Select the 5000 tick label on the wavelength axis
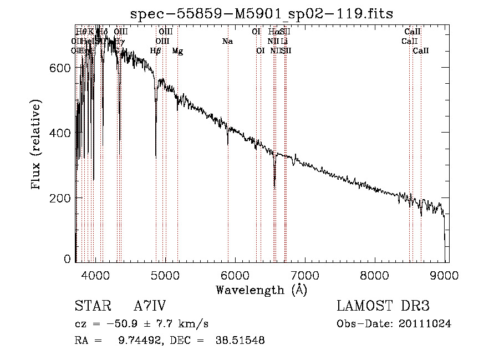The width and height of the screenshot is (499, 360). click(x=165, y=274)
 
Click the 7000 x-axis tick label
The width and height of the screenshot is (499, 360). click(x=305, y=274)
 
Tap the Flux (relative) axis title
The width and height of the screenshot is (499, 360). click(x=37, y=145)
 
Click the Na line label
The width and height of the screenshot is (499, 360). click(x=227, y=41)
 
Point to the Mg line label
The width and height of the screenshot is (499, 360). click(x=177, y=51)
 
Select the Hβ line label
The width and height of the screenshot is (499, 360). click(x=156, y=51)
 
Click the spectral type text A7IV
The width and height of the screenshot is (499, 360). click(x=150, y=306)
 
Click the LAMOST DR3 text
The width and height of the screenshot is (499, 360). click(x=383, y=306)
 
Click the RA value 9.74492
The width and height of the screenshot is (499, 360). click(x=139, y=341)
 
